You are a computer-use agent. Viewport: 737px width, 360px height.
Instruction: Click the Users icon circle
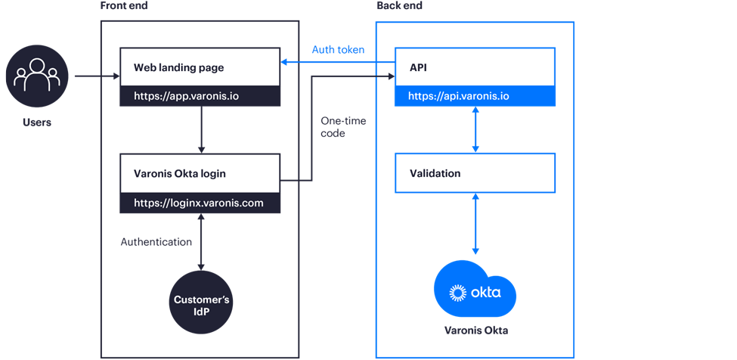(x=37, y=76)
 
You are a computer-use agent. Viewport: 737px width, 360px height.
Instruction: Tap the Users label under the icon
(x=37, y=122)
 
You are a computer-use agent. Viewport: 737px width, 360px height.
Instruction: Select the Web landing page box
(x=200, y=68)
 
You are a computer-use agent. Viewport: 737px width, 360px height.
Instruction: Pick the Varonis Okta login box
(x=200, y=173)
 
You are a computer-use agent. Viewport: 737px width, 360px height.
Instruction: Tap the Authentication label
(x=156, y=243)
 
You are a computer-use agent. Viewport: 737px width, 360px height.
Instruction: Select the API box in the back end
(x=475, y=67)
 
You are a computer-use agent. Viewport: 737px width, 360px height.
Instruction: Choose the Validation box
(x=475, y=173)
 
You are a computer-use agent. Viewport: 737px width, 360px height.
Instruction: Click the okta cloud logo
(x=475, y=291)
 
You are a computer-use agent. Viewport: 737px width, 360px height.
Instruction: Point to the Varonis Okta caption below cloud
(x=475, y=331)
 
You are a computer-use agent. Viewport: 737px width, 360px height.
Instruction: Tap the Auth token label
(x=338, y=50)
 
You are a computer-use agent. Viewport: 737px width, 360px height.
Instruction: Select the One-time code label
(x=333, y=127)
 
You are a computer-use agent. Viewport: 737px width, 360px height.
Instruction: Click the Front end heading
(x=124, y=6)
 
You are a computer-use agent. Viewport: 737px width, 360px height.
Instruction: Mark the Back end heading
(x=399, y=6)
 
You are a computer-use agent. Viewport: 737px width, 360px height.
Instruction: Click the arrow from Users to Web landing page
(x=94, y=76)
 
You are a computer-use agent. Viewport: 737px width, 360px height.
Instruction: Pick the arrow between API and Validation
(x=475, y=129)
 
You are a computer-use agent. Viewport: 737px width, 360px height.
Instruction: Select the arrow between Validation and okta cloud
(x=475, y=224)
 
